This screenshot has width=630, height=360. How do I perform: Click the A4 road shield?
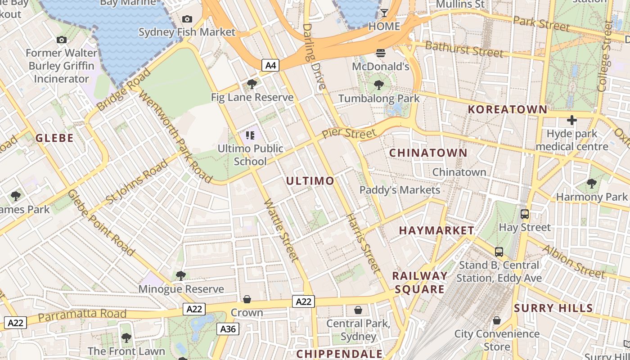click(x=270, y=66)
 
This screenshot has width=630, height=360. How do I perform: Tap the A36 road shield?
click(x=228, y=329)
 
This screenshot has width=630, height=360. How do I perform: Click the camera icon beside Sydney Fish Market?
click(x=187, y=19)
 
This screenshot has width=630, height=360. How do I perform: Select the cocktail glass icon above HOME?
click(x=384, y=13)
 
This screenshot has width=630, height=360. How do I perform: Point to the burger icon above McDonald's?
click(x=381, y=53)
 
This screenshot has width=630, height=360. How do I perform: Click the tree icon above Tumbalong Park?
click(x=379, y=85)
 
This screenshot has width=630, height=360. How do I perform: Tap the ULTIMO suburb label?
click(x=310, y=181)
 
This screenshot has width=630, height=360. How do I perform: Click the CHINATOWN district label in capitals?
click(x=428, y=153)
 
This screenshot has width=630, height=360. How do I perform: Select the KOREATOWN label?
click(x=508, y=109)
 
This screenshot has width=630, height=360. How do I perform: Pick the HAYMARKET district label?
click(x=436, y=230)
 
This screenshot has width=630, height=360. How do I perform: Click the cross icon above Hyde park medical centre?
click(x=572, y=120)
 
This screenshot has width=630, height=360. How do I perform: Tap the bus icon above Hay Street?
click(x=525, y=214)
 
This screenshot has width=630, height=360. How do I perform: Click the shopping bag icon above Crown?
click(x=247, y=299)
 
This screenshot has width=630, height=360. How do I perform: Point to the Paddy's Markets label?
click(x=400, y=190)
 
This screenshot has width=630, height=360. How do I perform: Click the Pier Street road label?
click(x=349, y=134)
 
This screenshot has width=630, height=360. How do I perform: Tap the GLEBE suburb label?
click(x=54, y=138)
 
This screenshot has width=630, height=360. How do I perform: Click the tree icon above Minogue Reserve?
click(x=181, y=275)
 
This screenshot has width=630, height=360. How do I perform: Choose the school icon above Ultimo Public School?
click(x=251, y=135)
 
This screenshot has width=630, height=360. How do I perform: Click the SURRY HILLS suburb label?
click(x=553, y=308)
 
